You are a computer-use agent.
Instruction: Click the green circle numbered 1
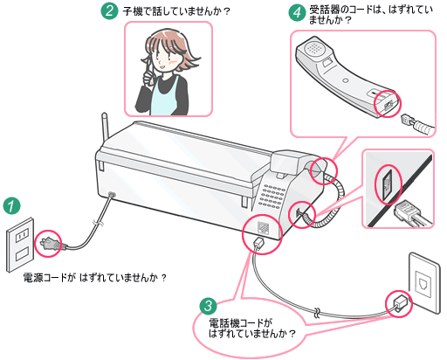(12, 206)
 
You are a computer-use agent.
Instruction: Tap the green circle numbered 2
(109, 10)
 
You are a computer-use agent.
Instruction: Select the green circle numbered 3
(208, 306)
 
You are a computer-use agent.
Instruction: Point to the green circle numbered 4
(297, 12)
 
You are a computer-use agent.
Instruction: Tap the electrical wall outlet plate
(20, 245)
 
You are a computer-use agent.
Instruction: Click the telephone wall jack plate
(424, 283)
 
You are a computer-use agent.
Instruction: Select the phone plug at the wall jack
(400, 303)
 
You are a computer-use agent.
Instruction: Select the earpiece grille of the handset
(314, 48)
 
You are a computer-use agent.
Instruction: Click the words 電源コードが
(50, 278)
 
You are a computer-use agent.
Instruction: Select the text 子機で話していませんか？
(176, 11)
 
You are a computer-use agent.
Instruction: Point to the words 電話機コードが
(241, 323)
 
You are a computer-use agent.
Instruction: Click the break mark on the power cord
(98, 223)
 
